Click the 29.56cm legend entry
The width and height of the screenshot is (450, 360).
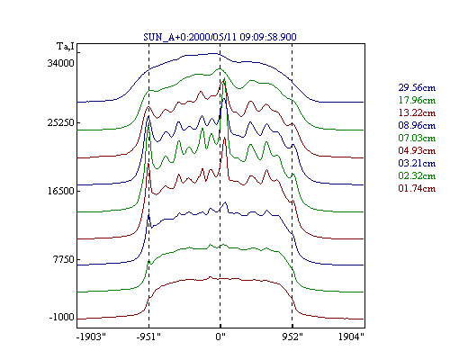(417, 87)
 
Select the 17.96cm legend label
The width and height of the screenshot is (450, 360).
(417, 100)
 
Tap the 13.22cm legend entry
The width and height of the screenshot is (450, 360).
(417, 112)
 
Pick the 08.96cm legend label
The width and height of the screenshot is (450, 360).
(417, 125)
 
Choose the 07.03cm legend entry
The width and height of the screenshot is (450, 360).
(417, 138)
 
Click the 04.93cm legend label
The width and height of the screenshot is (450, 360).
(417, 150)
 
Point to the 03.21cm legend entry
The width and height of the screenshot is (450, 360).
(417, 163)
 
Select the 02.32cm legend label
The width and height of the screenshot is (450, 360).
(417, 175)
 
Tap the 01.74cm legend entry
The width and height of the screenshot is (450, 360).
(417, 188)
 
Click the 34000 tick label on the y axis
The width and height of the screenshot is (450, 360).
(60, 63)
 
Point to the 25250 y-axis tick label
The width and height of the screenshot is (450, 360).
(60, 122)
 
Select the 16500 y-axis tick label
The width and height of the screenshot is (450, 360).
(60, 191)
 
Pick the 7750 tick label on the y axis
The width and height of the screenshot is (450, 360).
(63, 259)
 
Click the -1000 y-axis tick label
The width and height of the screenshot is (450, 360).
(61, 317)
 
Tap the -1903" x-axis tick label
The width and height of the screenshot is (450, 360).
(91, 337)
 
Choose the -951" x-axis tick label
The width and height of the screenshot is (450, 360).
(148, 337)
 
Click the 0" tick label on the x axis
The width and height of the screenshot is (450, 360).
(220, 337)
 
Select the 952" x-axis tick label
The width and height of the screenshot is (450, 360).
(292, 337)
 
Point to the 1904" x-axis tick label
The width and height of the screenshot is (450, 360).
(351, 337)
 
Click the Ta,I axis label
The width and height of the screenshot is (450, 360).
(66, 47)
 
